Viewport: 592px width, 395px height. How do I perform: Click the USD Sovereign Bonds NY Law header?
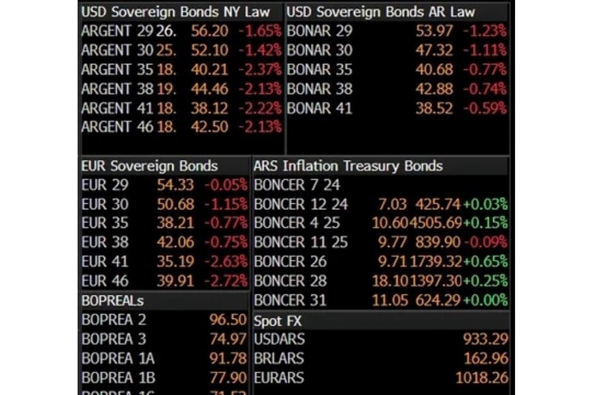(175, 12)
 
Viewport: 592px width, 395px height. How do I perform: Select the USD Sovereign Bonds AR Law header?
(380, 12)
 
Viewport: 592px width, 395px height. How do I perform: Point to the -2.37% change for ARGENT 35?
(259, 69)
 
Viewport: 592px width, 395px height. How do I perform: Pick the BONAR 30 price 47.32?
(433, 50)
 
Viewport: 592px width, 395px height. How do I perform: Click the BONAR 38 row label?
(320, 89)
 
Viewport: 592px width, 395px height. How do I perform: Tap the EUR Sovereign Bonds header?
(150, 166)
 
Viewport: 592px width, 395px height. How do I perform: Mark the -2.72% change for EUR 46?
(225, 281)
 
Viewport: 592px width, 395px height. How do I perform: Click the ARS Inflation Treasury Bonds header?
(348, 166)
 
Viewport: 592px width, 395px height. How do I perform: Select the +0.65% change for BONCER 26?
(486, 262)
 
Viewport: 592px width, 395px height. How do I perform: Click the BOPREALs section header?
(112, 300)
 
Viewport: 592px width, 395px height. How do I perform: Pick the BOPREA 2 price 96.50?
(228, 319)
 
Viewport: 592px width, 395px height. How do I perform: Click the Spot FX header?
(278, 320)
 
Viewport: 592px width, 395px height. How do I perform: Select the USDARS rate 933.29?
(486, 339)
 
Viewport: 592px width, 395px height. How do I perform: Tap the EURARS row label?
(279, 377)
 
